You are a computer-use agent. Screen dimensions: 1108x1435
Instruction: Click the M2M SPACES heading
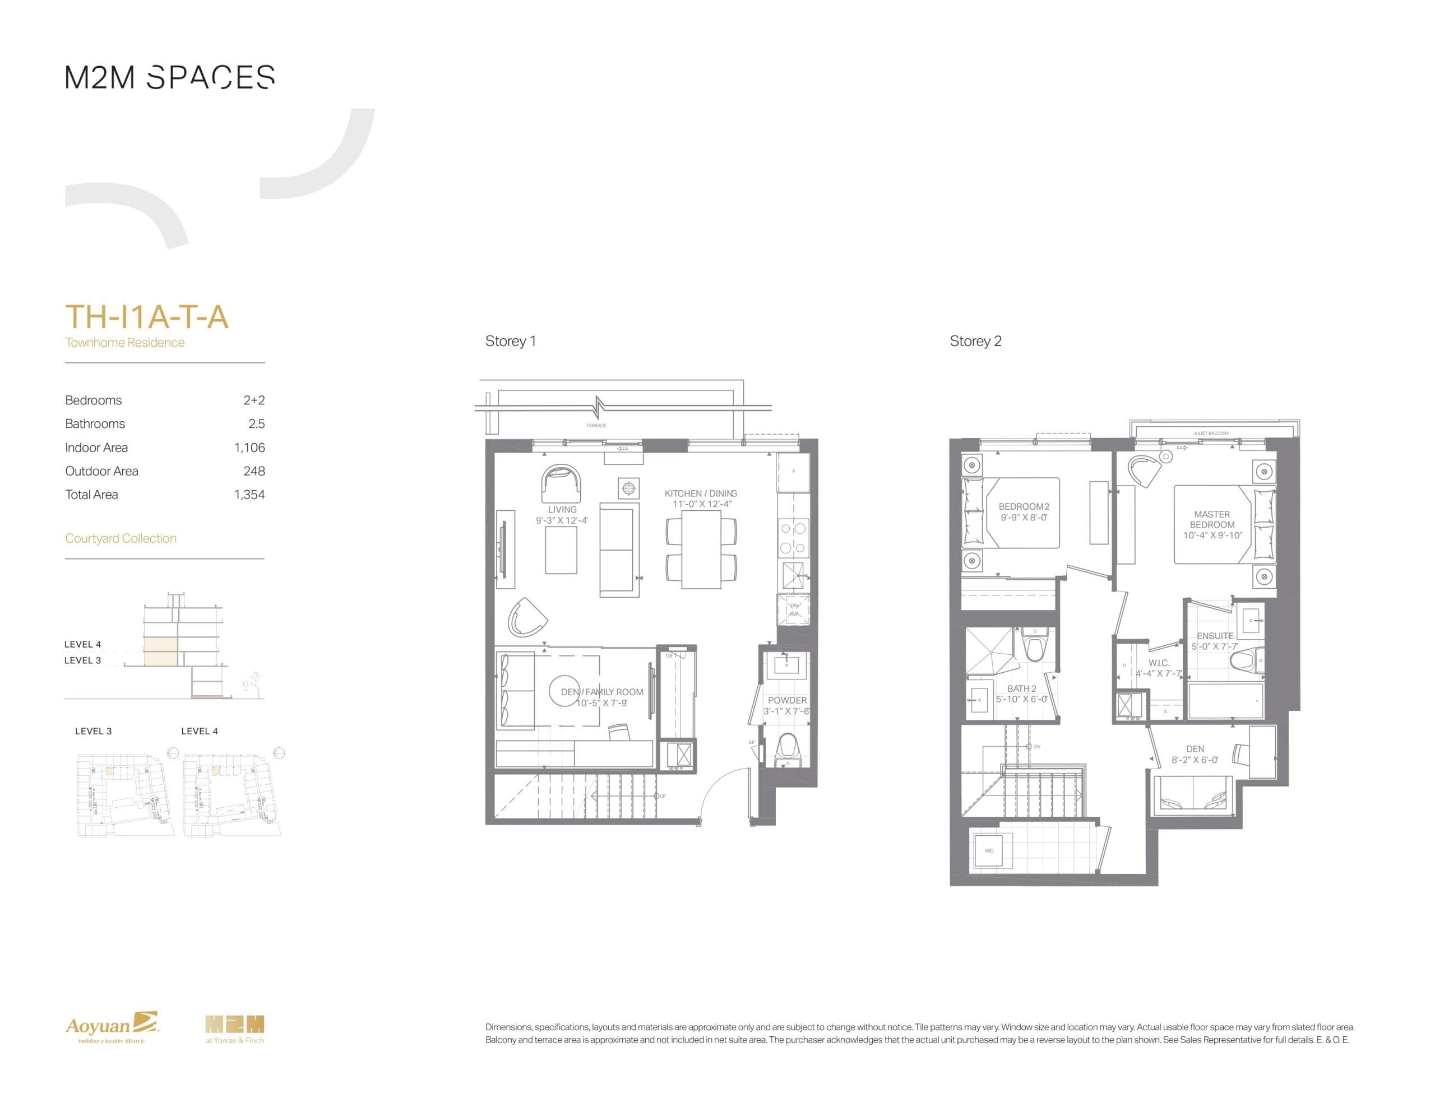coord(169,77)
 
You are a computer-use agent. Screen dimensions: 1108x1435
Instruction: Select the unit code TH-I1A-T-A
coord(146,317)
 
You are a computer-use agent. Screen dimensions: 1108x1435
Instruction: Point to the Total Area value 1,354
coord(249,495)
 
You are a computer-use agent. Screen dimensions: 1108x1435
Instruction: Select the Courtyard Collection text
coord(121,538)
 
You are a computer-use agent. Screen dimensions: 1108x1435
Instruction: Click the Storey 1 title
coord(511,342)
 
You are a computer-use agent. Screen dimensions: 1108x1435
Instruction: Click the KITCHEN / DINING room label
coord(701,494)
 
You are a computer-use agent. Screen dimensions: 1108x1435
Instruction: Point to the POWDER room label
coord(787,701)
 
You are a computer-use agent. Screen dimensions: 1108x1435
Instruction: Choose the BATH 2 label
coord(1022,689)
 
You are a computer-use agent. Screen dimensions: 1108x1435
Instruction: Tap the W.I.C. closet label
coord(1159,663)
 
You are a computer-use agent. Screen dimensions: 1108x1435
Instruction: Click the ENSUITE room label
coord(1215,636)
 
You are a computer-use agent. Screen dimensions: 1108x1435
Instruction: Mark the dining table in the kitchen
coord(701,550)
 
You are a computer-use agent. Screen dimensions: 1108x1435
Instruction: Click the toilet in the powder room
coord(787,749)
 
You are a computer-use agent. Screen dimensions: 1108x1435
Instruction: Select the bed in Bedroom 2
coord(1012,513)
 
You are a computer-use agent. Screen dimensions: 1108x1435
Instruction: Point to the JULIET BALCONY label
coord(1210,434)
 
